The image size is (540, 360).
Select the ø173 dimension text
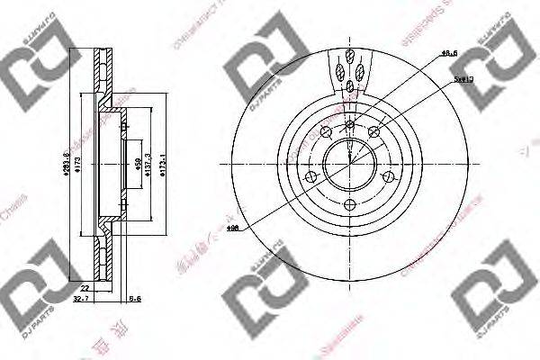point(76,166)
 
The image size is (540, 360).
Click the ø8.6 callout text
point(448,55)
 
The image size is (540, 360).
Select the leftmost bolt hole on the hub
point(311,176)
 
